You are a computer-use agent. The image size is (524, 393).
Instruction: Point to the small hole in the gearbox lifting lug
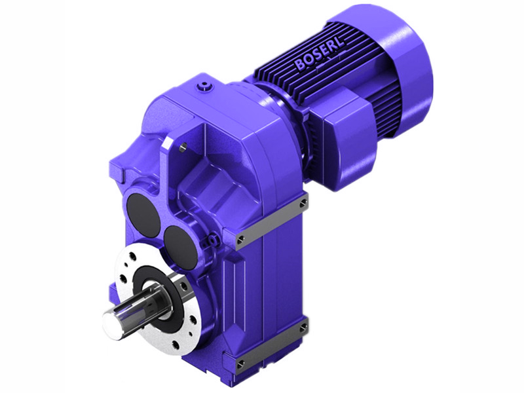[x=183, y=147]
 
